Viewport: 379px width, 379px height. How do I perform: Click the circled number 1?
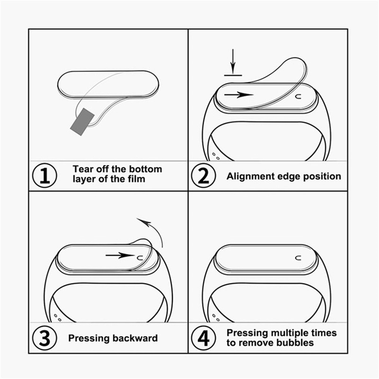point(45,176)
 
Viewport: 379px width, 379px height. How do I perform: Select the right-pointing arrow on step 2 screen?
point(239,94)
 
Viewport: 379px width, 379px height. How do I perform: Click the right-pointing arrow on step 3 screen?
point(120,255)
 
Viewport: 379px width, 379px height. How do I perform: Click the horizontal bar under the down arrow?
point(233,74)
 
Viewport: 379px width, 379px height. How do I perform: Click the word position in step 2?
point(322,176)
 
